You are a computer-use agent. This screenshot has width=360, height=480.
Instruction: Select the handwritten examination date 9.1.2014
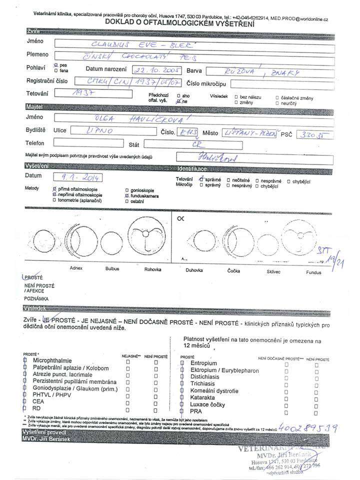[77, 177]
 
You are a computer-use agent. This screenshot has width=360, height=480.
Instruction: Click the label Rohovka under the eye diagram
[152, 269]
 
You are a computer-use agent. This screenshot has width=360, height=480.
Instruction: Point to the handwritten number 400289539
[310, 428]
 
